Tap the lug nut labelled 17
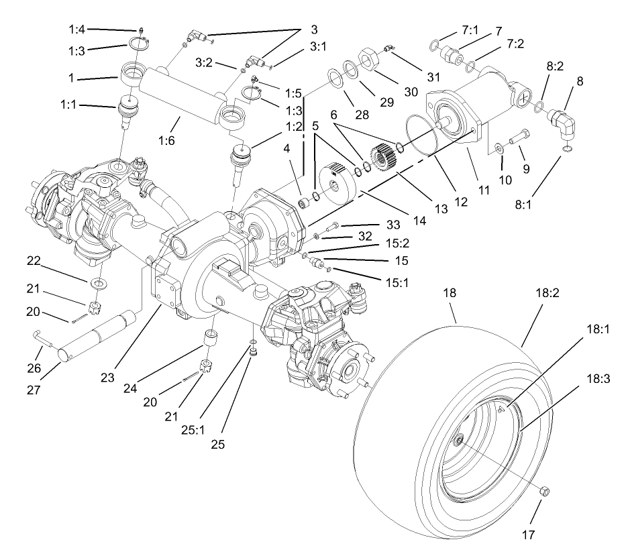544,493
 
